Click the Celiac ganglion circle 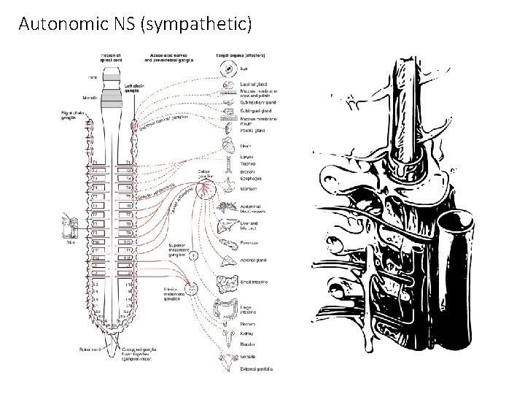206,189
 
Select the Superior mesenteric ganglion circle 192,256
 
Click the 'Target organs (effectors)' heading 240,55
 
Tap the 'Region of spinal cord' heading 112,58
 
